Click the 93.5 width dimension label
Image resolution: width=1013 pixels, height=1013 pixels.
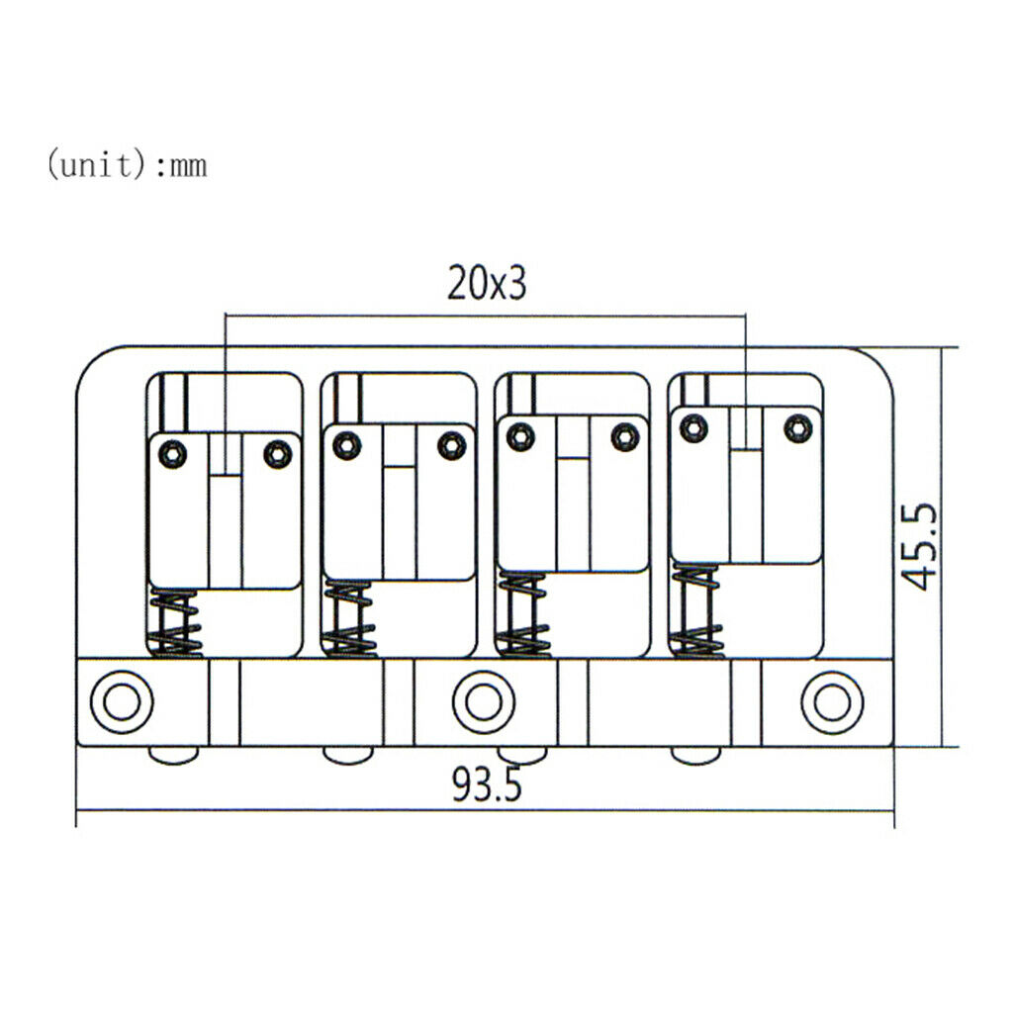click(x=487, y=785)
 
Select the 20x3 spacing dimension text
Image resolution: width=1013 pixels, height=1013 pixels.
click(x=487, y=283)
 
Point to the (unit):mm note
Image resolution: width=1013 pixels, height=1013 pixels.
click(x=127, y=164)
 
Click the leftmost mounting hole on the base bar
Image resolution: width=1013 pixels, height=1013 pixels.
click(x=122, y=702)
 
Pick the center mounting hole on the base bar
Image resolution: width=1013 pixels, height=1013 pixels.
click(x=484, y=702)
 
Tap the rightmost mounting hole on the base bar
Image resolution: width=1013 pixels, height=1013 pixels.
click(x=832, y=702)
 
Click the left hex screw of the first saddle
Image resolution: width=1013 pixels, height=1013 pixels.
click(x=172, y=454)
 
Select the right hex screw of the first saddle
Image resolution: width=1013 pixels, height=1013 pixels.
click(x=278, y=454)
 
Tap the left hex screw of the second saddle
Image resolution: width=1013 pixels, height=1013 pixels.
click(x=347, y=445)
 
